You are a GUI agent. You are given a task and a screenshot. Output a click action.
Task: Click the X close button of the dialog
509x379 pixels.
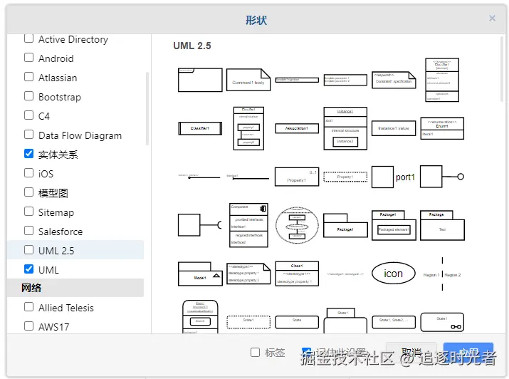(x=492, y=19)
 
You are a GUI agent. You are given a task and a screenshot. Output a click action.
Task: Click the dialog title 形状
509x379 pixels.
(x=256, y=20)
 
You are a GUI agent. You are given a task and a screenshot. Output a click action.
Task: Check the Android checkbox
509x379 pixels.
(x=29, y=58)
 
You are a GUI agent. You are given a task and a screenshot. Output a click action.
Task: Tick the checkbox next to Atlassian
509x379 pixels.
(x=29, y=77)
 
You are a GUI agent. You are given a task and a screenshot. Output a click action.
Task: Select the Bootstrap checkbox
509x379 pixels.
(x=29, y=96)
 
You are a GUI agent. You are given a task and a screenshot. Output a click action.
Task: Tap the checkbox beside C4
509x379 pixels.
(x=29, y=115)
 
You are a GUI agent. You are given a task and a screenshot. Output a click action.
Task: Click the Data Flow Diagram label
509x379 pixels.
(x=80, y=135)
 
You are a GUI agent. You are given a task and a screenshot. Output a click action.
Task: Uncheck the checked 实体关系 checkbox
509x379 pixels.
(x=29, y=154)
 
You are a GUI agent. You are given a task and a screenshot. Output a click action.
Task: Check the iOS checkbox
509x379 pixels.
(x=29, y=173)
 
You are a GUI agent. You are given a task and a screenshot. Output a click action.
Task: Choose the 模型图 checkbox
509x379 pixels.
(x=29, y=192)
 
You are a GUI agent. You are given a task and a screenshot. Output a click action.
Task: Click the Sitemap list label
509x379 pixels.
(x=56, y=212)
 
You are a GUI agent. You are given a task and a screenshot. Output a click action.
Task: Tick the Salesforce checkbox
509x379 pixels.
(x=29, y=231)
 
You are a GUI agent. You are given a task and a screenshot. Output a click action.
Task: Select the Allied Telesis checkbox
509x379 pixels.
(x=29, y=307)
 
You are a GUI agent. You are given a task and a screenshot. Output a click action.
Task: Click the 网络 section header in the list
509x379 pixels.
(x=32, y=288)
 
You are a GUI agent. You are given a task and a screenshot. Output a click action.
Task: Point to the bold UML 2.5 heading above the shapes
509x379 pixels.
(x=192, y=46)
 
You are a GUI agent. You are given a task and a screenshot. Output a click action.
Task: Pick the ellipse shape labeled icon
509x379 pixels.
(x=393, y=274)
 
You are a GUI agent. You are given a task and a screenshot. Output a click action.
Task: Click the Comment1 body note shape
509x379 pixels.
(x=248, y=80)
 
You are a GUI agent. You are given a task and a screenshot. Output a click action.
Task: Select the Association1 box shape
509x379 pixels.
(x=296, y=128)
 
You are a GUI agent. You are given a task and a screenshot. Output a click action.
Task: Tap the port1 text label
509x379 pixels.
(x=405, y=177)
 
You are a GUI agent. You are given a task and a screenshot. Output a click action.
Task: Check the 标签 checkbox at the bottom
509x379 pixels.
(x=256, y=353)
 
